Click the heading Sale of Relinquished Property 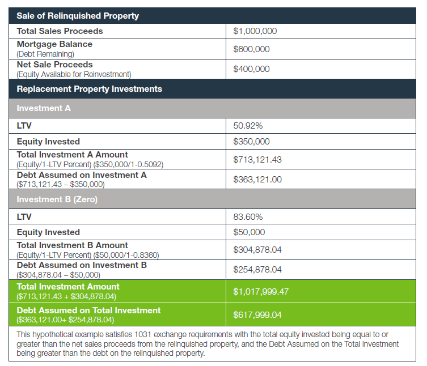(78, 16)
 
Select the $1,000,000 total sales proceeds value (255, 31)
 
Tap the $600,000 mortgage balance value (251, 49)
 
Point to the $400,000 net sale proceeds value (251, 69)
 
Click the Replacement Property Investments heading (90, 89)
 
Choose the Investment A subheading (44, 108)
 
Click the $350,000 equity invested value (251, 142)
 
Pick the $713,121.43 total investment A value (257, 160)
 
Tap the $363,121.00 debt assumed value (257, 180)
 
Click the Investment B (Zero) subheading (56, 199)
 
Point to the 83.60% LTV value (248, 216)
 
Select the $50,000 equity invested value (249, 232)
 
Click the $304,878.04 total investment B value (257, 249)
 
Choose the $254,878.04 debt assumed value (257, 269)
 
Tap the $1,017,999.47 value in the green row (261, 291)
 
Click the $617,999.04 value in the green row (257, 314)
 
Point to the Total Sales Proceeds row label (60, 31)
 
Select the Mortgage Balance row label (54, 44)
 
